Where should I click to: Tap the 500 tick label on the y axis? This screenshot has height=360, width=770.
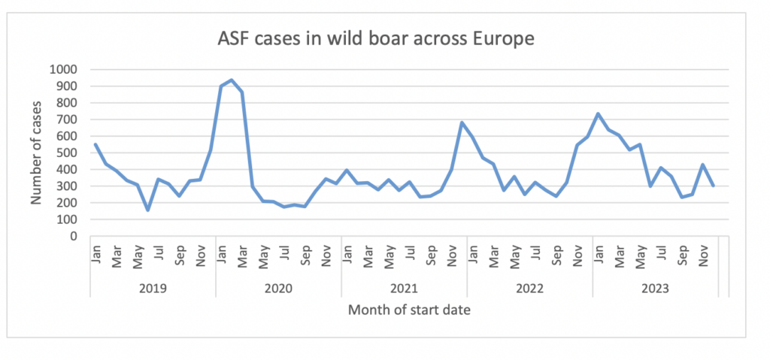coord(66,153)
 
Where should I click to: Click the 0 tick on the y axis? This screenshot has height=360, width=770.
coord(74,236)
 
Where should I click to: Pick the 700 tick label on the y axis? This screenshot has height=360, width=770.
coord(66,119)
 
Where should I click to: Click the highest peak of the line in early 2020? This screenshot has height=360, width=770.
coord(232,80)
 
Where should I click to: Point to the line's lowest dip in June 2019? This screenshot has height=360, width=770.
coord(147,210)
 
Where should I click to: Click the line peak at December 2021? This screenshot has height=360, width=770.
coord(462,123)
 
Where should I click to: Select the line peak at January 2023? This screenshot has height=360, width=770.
coord(598,113)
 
